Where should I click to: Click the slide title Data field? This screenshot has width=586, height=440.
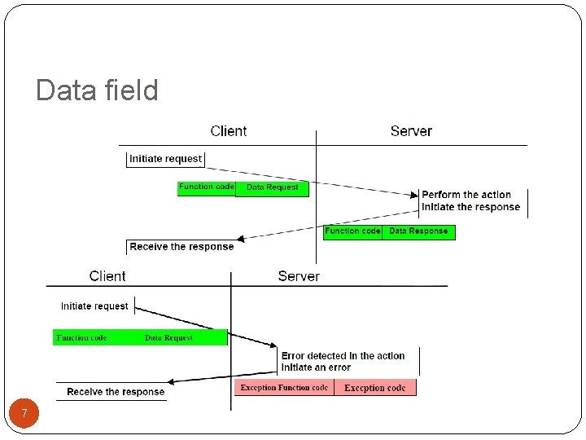(97, 90)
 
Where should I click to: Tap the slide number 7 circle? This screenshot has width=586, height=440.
(24, 414)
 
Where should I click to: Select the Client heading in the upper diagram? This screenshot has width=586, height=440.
(228, 131)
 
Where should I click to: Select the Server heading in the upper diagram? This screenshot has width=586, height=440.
(411, 131)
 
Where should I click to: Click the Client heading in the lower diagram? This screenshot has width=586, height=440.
(107, 276)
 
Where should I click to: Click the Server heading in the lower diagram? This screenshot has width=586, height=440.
(299, 276)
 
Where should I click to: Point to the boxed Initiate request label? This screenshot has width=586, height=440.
(165, 159)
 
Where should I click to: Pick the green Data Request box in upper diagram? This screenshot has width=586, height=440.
(272, 187)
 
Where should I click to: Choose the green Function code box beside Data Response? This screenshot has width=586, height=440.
(352, 231)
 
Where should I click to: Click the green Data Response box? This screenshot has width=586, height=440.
(418, 231)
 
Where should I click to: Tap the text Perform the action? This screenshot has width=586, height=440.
(466, 195)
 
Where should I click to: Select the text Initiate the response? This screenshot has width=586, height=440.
(470, 207)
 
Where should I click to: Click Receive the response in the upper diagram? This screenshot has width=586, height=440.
(181, 247)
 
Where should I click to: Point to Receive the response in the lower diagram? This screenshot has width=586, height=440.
(116, 392)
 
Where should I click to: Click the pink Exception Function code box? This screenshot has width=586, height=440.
(284, 388)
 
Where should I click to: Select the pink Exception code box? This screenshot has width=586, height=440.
(374, 388)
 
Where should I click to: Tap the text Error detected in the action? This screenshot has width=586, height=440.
(343, 356)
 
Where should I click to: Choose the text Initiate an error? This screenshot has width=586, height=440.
(317, 367)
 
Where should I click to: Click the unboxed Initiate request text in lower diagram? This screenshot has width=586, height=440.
(94, 306)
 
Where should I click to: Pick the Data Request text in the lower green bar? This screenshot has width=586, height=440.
(168, 337)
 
